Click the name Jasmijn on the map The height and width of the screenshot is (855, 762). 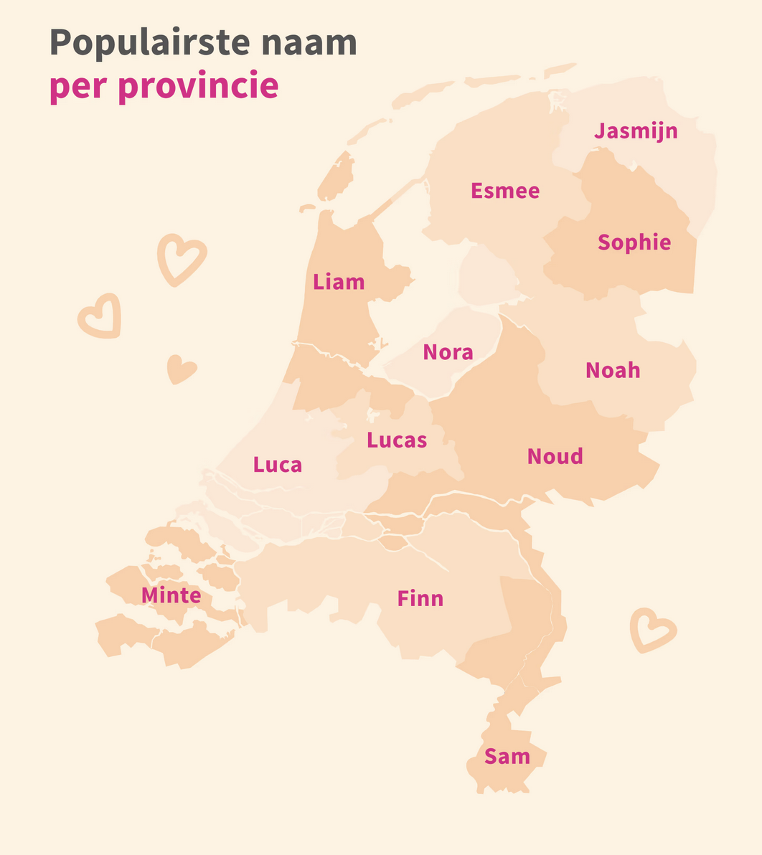click(x=636, y=132)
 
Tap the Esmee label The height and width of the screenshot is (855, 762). click(x=505, y=191)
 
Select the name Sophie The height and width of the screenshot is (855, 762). click(x=634, y=242)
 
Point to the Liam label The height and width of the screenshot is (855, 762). click(x=339, y=282)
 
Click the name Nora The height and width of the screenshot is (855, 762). click(x=448, y=352)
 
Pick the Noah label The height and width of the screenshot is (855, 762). click(x=613, y=370)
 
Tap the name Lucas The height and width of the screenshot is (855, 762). click(x=397, y=440)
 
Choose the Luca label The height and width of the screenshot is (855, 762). click(x=278, y=465)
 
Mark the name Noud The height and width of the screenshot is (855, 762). click(x=555, y=456)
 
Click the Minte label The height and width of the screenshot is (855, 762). click(x=171, y=595)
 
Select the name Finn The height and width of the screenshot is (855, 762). click(x=420, y=598)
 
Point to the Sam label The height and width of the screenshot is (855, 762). click(x=507, y=756)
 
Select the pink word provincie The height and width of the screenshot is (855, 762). click(x=198, y=86)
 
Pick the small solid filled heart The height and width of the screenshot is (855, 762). click(x=181, y=369)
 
